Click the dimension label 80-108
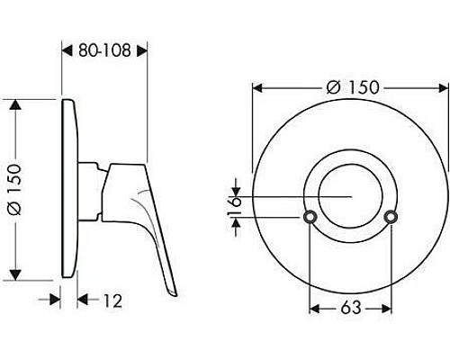click(x=103, y=50)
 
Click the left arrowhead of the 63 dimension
click(x=314, y=307)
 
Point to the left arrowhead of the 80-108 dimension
click(x=65, y=50)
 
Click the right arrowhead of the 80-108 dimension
click(x=144, y=50)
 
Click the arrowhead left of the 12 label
click(x=80, y=298)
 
